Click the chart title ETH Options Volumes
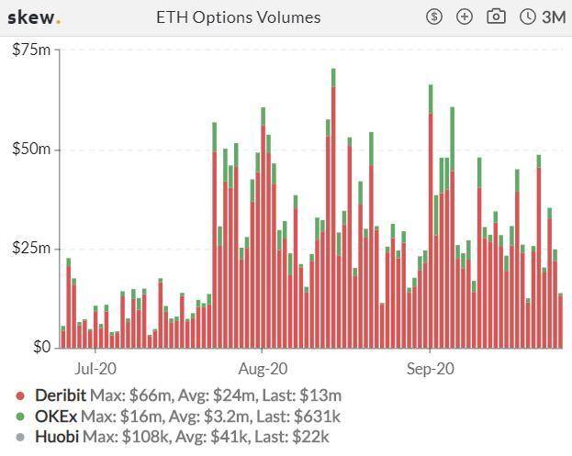pos(239,17)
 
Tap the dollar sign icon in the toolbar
pos(435,17)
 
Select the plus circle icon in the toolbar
pos(465,17)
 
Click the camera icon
pos(497,17)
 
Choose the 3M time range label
pos(554,17)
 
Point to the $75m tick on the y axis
pos(31,50)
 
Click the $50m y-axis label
pos(31,150)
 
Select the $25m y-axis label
pos(31,249)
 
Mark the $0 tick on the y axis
pos(40,348)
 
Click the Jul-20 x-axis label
pos(95,369)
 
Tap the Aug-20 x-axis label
pos(263,369)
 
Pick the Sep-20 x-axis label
pos(431,369)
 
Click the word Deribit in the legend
pos(61,396)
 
